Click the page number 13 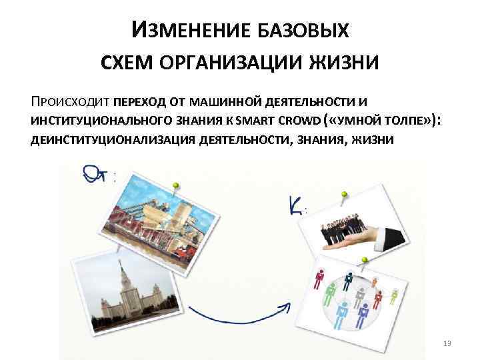tap(447, 343)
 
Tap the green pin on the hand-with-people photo tap(345, 196)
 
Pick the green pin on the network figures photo tap(365, 261)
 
